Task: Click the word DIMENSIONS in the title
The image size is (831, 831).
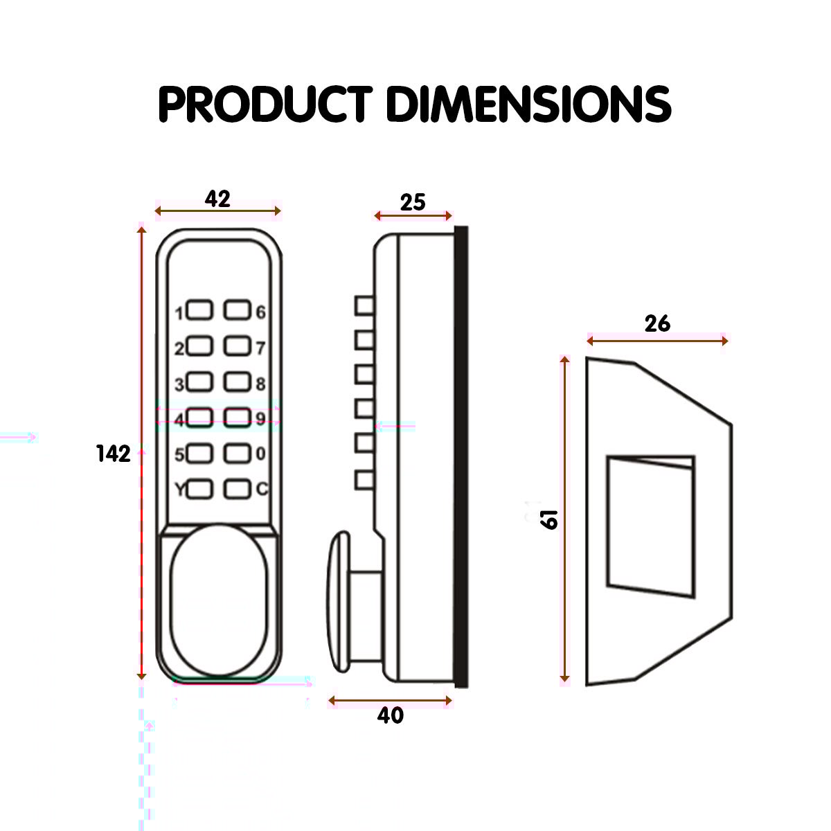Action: click(x=528, y=105)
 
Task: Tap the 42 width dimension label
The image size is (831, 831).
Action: click(x=217, y=199)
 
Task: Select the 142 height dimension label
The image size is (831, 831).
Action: click(x=114, y=454)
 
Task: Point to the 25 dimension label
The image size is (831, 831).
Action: click(x=413, y=202)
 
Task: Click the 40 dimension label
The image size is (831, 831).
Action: click(x=391, y=715)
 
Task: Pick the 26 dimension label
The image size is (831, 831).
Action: click(x=657, y=323)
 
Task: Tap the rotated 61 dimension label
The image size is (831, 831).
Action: click(x=550, y=519)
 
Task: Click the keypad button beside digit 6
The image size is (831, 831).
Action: click(x=237, y=312)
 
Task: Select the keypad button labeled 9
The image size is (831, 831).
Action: click(x=237, y=418)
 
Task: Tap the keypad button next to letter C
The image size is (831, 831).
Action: click(x=237, y=489)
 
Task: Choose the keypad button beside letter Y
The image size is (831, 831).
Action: click(x=199, y=489)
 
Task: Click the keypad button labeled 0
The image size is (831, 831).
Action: click(x=237, y=454)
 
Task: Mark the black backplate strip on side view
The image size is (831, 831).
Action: click(x=461, y=457)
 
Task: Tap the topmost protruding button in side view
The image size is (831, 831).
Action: click(x=364, y=305)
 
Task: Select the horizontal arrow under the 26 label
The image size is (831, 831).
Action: click(x=657, y=340)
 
